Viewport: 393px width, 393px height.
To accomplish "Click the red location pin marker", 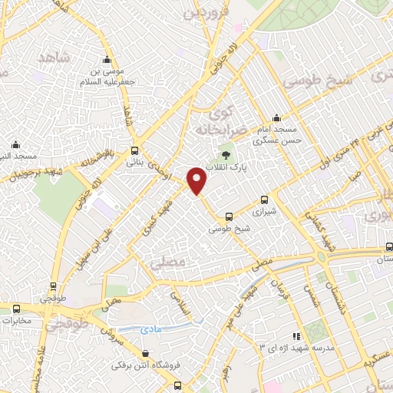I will point(197,180).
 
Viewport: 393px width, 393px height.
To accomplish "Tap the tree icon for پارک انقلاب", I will point(226,155).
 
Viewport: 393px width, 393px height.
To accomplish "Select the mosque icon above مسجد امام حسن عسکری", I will point(276,119).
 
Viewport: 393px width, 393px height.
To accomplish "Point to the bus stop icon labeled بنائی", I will point(135,150).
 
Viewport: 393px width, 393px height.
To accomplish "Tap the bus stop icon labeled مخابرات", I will point(15,309).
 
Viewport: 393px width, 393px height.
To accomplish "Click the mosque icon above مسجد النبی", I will point(15,144).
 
